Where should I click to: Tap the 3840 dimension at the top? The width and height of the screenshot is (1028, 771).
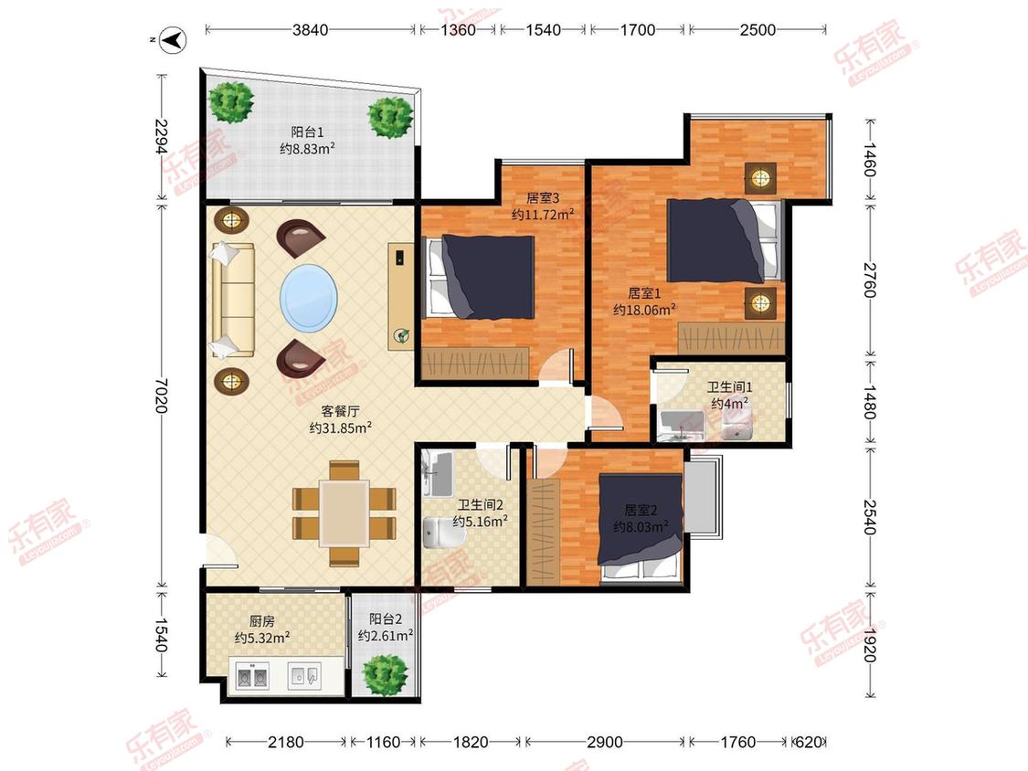310,29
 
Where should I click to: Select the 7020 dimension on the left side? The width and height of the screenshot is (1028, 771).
161,396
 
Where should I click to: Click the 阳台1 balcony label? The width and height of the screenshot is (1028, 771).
307,132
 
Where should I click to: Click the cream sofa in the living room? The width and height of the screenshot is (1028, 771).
232,301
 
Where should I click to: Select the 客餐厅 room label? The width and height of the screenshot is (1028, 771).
340,411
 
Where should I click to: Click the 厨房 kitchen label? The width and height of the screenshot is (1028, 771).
261,621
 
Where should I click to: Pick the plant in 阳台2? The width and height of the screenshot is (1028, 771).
386,674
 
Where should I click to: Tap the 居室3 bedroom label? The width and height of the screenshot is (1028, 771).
542,197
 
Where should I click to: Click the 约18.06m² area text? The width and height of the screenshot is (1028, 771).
644,310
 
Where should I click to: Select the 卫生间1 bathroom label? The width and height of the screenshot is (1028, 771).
729,387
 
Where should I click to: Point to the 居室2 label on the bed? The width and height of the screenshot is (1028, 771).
641,510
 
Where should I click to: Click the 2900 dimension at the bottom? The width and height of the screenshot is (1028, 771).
605,742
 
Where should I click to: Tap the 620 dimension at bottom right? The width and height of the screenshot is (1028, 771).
808,742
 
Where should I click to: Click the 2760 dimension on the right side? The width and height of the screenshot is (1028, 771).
869,280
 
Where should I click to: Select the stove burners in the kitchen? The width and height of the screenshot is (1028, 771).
252,677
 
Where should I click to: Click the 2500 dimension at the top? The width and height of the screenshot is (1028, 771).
758,29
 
